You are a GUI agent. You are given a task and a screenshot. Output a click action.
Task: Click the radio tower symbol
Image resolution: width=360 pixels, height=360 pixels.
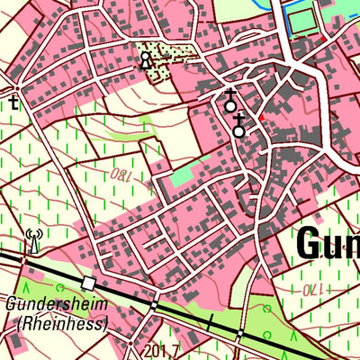[x=33, y=240]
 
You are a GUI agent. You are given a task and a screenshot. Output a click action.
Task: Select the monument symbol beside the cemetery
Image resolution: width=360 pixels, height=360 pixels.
[x=146, y=60]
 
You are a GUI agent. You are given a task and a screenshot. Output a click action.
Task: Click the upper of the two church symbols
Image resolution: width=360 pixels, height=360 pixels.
[x=230, y=103]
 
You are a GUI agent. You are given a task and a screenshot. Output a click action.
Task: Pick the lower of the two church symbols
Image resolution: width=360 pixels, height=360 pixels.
[x=238, y=128]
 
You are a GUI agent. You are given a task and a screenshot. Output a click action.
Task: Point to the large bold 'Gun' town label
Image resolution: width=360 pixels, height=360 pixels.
[x=326, y=243]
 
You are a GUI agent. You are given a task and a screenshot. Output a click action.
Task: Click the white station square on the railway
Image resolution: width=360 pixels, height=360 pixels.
[x=87, y=283]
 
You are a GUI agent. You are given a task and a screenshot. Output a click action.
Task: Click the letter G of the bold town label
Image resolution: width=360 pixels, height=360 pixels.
[x=306, y=243]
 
